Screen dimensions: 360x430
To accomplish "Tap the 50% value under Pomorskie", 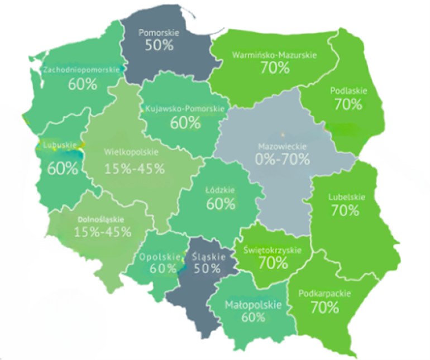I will (160, 45).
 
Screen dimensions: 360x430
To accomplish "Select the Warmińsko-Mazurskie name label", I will (274, 55).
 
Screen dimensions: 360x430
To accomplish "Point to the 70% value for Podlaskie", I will (348, 104).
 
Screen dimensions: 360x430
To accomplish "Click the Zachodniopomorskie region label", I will (82, 70).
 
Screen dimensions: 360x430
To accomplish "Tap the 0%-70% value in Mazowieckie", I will (281, 159).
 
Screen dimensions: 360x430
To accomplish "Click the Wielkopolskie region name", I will (131, 151).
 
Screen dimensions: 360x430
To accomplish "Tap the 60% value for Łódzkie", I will (221, 204).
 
